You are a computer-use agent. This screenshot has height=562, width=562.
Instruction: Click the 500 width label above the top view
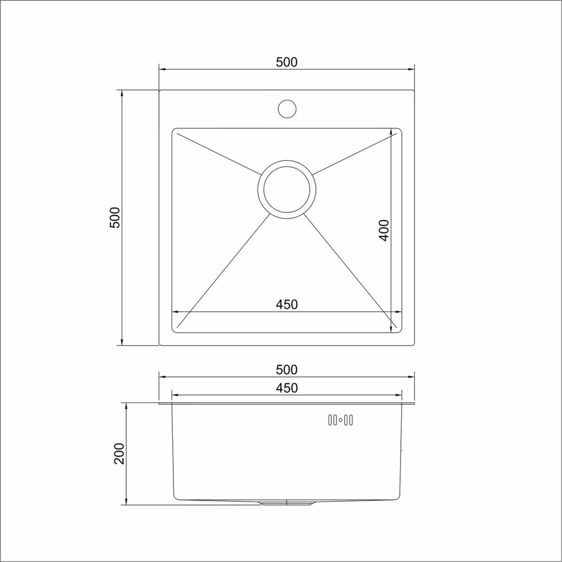[x=286, y=62]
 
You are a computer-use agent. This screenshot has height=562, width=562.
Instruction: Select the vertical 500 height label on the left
[x=114, y=218]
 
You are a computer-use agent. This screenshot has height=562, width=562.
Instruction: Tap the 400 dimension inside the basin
[x=384, y=230]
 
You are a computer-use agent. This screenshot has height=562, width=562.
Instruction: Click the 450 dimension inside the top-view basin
[x=286, y=304]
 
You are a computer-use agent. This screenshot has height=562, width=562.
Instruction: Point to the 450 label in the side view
[x=286, y=387]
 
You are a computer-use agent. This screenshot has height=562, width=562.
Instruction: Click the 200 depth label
[x=120, y=453]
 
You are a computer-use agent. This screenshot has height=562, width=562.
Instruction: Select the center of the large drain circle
[x=286, y=189]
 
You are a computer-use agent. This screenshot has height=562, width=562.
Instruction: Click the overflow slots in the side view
[x=340, y=421]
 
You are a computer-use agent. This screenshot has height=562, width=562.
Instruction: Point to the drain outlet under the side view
[x=286, y=502]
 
